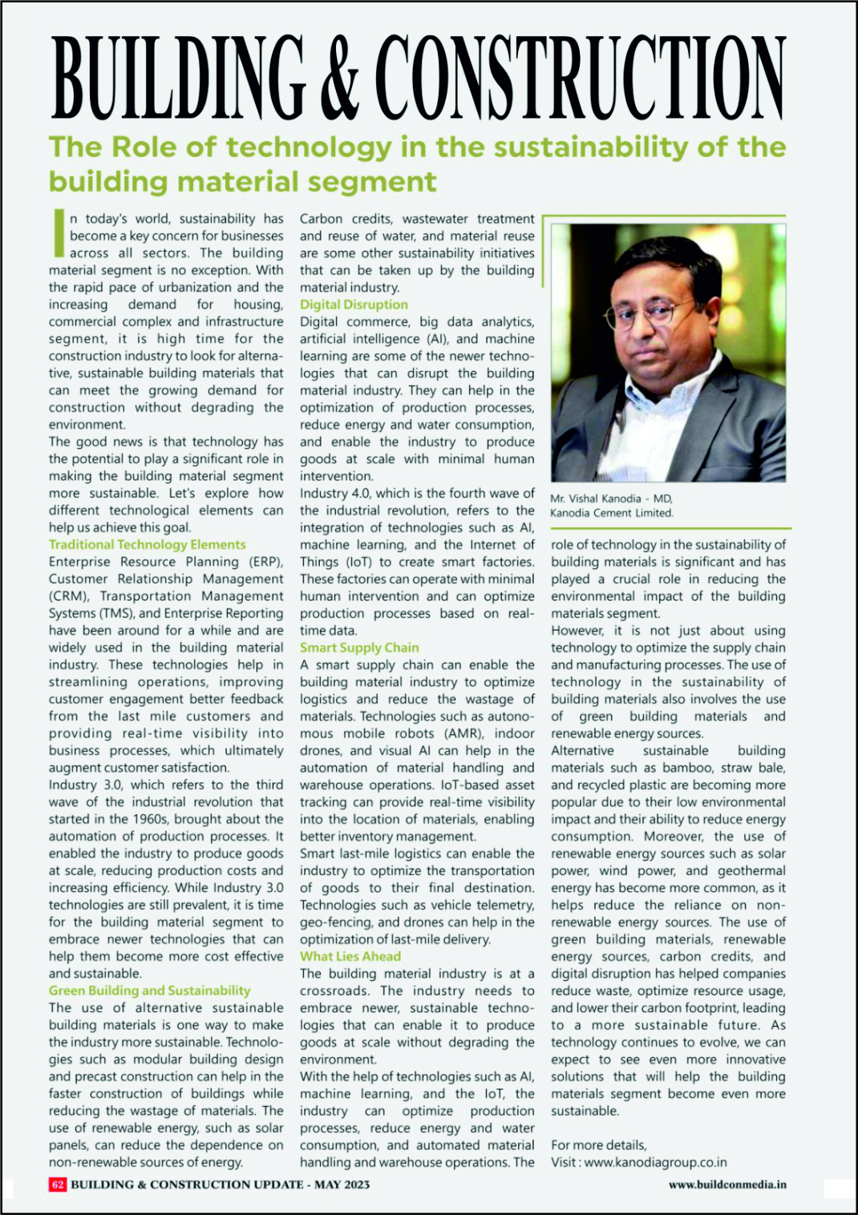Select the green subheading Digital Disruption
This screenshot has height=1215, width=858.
[x=354, y=305]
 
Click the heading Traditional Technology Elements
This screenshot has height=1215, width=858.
[x=147, y=544]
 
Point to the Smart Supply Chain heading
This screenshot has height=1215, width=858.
[x=359, y=648]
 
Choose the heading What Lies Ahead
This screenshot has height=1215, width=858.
[x=350, y=956]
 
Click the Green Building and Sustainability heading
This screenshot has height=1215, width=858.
[x=149, y=991]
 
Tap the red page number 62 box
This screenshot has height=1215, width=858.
[x=57, y=1185]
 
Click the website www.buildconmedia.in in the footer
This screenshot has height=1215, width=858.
[x=727, y=1185]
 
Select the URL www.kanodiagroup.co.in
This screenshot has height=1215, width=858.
[x=655, y=1162]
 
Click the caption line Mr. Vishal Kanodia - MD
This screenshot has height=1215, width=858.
[x=611, y=499]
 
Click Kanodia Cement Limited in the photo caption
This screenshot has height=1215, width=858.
[x=611, y=513]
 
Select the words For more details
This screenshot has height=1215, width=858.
[x=598, y=1144]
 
